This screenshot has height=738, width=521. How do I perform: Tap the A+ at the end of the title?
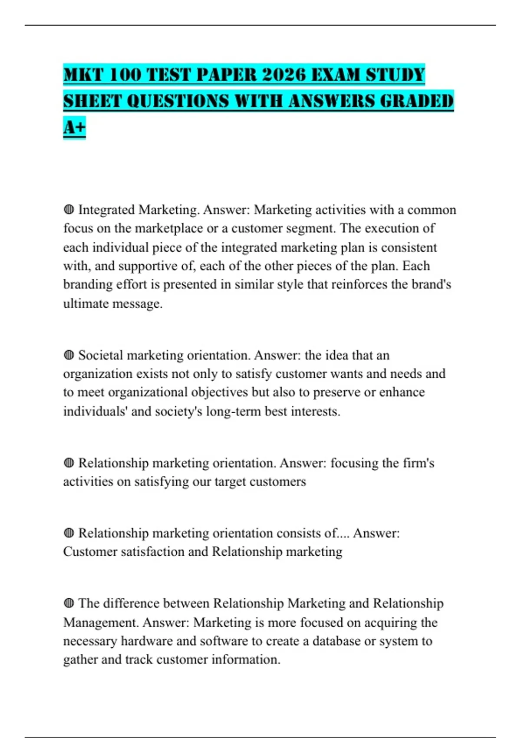[x=74, y=127]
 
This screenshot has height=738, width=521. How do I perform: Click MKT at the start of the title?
[x=82, y=75]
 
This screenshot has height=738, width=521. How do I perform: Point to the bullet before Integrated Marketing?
[x=69, y=210]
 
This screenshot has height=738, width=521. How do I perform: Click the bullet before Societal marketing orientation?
[x=69, y=356]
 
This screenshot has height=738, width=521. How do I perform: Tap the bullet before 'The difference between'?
[x=69, y=603]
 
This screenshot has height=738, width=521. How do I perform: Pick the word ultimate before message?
[x=86, y=303]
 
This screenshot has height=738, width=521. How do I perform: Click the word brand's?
[x=431, y=284]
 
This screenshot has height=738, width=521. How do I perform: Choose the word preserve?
[x=336, y=392]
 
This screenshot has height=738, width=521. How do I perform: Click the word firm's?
[x=418, y=463]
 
